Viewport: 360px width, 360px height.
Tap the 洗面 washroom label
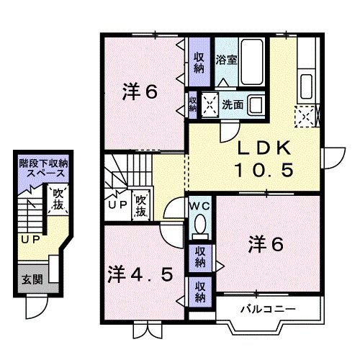[x=232, y=104]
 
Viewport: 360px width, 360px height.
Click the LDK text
[x=265, y=149]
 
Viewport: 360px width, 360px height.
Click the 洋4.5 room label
[x=141, y=274]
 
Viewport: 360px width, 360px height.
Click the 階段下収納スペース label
[x=43, y=168]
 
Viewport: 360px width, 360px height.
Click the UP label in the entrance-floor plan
[x=30, y=239]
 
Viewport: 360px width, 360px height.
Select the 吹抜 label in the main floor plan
[x=140, y=202]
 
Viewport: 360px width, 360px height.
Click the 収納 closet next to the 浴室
[x=199, y=60]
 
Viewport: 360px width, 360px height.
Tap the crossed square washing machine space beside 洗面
[x=211, y=104]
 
